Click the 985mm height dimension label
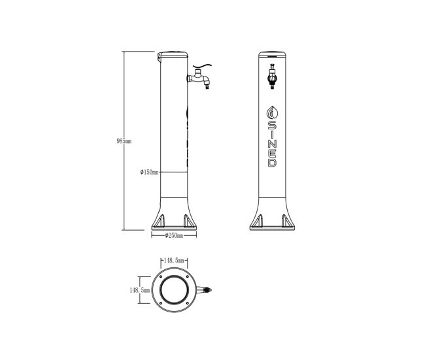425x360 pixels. tap(124, 141)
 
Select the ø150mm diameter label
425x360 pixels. tap(149, 172)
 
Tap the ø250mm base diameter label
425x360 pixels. tap(174, 236)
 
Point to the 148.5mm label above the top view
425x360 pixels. tap(174, 261)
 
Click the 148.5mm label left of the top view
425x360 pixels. tap(139, 290)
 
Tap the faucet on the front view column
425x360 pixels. tap(272, 76)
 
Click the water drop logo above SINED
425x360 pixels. tap(273, 112)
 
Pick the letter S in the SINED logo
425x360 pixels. tap(273, 125)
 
